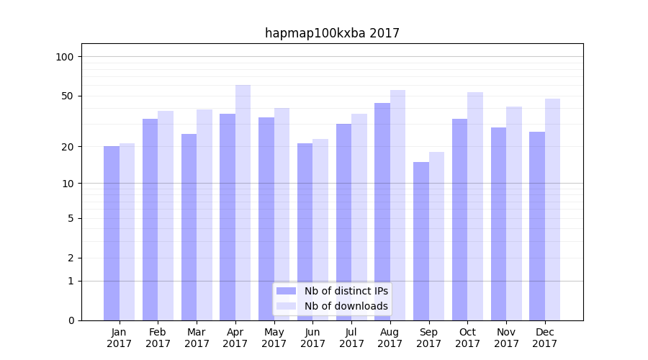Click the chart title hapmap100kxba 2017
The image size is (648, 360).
(332, 33)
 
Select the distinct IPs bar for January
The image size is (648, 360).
(112, 233)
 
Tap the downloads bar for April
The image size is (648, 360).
(243, 202)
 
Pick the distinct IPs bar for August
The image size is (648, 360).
(382, 212)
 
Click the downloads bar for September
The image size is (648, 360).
(436, 236)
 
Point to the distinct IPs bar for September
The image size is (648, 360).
(421, 241)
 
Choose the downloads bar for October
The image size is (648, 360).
(475, 206)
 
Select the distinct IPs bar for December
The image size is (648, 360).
(537, 226)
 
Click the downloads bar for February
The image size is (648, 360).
(166, 215)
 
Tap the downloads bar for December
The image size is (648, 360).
(552, 210)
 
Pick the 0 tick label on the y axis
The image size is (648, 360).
(71, 320)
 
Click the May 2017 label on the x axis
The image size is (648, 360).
(274, 338)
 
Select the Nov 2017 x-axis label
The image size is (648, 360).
(506, 338)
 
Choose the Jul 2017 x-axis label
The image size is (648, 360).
(351, 338)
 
